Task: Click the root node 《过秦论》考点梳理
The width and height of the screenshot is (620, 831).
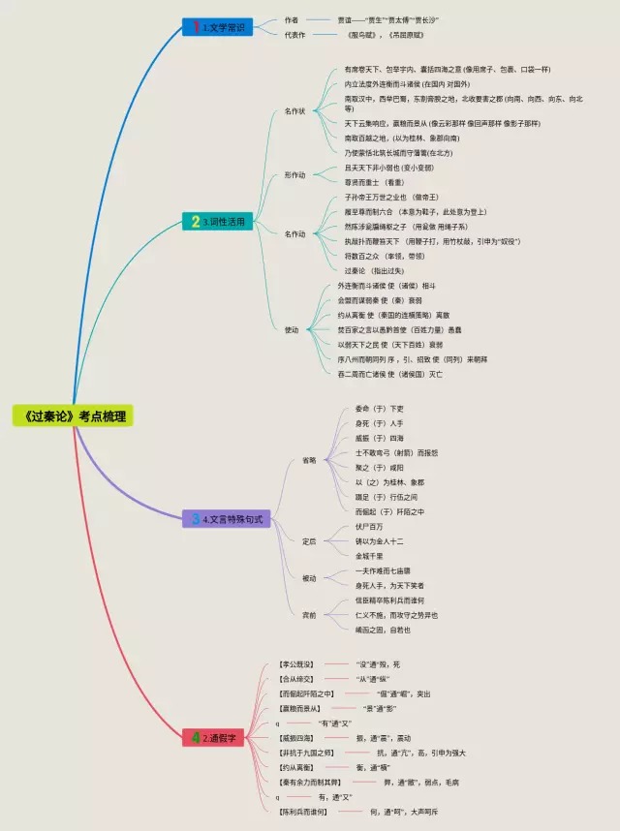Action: coord(72,416)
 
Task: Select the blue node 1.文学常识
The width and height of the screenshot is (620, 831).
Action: coord(217,27)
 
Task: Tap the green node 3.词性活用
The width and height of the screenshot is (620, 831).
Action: coord(219,222)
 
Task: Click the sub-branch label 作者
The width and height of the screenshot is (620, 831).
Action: coord(292,19)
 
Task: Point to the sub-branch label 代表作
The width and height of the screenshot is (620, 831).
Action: coord(294,35)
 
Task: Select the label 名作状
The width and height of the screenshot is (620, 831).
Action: coord(294,111)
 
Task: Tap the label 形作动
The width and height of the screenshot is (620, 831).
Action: coord(294,175)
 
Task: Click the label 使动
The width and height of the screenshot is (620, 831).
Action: coord(292,329)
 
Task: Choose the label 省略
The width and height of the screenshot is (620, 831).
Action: coord(309,460)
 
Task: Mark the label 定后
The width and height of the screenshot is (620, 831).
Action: coord(309,540)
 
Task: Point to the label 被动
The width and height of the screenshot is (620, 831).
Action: coord(309,578)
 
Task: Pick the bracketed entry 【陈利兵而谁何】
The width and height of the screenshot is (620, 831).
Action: coord(303,812)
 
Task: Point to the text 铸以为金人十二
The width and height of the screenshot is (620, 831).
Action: coord(380,541)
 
